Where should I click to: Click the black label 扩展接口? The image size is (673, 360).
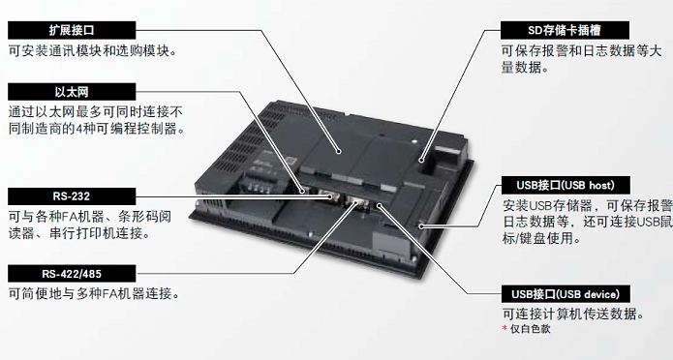[72, 30]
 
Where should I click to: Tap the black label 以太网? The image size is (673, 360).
[72, 92]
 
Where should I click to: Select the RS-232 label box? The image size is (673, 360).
[72, 196]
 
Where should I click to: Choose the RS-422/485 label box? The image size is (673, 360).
[72, 274]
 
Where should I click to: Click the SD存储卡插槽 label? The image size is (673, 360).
[565, 30]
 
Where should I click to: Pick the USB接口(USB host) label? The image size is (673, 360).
[566, 186]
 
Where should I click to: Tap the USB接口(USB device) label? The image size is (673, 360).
[566, 294]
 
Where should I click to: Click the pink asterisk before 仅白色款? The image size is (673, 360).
[505, 329]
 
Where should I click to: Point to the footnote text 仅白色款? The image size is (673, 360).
[530, 329]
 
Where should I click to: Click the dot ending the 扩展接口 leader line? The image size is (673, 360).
[339, 151]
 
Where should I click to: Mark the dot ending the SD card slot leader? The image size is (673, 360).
[421, 160]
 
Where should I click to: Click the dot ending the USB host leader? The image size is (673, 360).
[421, 225]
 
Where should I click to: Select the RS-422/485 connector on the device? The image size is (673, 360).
[355, 202]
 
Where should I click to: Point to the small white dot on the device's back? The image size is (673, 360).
[415, 140]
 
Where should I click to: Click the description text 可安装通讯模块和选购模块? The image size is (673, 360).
[93, 51]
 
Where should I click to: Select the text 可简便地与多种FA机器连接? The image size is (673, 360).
[94, 294]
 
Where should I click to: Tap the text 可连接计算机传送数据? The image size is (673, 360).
[573, 315]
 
